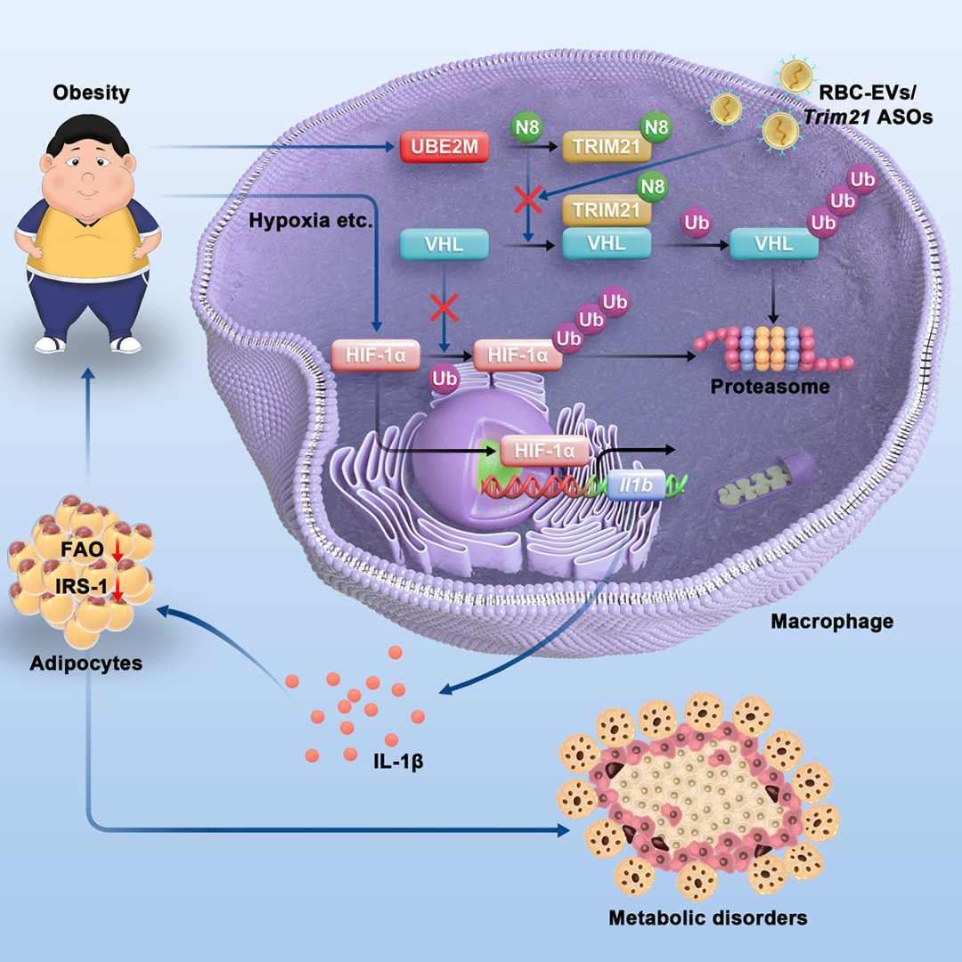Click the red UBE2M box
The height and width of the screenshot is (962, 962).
(x=444, y=147)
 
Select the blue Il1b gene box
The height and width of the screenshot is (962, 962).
(x=635, y=485)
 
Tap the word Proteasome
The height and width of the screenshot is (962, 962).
(x=770, y=387)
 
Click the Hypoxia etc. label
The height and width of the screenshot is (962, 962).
(x=311, y=220)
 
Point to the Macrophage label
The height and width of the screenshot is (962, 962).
(x=832, y=622)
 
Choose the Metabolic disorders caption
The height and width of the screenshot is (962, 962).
(x=708, y=917)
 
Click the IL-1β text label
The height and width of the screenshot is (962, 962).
(x=398, y=762)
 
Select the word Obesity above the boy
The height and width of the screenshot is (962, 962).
(x=92, y=93)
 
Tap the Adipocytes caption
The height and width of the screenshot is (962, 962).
(x=86, y=664)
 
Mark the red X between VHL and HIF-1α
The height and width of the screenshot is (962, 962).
(x=444, y=307)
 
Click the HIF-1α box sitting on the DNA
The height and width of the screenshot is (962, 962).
(x=545, y=452)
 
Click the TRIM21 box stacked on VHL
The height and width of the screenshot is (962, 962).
(x=607, y=210)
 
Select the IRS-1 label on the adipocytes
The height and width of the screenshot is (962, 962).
(x=81, y=586)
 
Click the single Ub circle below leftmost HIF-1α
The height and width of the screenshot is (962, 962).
(x=444, y=379)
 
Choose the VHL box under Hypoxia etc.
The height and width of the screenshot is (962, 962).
(x=444, y=244)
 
